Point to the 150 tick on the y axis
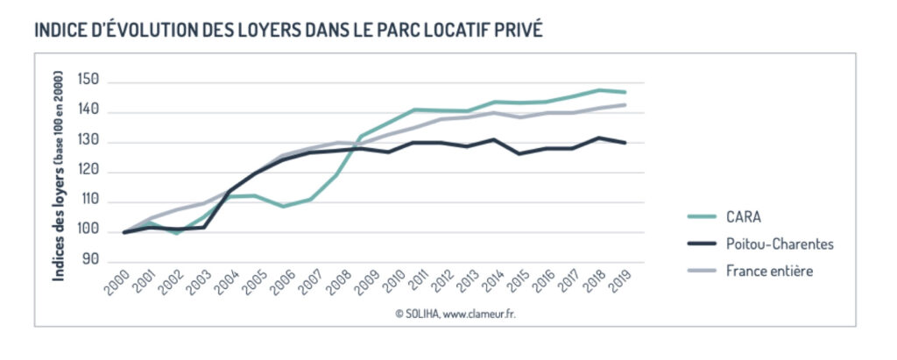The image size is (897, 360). (x=89, y=81)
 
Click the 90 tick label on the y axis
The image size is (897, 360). (x=92, y=261)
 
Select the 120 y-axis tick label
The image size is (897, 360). (x=89, y=172)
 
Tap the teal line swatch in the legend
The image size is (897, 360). (x=696, y=216)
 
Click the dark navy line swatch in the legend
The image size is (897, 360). (x=696, y=244)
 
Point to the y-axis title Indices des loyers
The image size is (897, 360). (x=60, y=175)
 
